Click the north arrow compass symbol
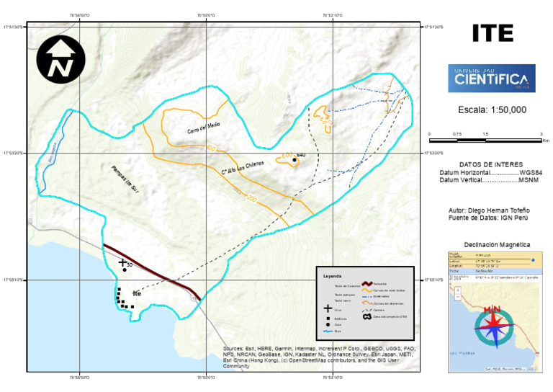point(60,59)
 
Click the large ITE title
point(493,33)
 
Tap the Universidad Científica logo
point(492,78)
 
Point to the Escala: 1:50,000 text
point(492,110)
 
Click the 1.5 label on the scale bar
point(485,135)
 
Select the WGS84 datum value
point(531,173)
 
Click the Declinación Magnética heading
point(492,244)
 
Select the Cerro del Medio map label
point(204,128)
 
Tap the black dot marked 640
point(295,160)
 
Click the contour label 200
point(251,198)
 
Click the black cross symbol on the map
point(122,262)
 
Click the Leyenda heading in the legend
point(333,275)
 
